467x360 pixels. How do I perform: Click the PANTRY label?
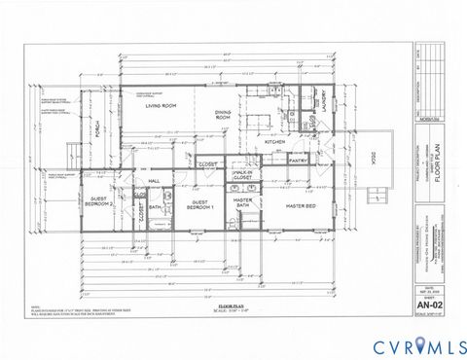pyautogui.click(x=297, y=162)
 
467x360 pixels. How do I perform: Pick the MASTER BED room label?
pyautogui.click(x=297, y=206)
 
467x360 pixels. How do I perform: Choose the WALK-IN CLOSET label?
pyautogui.click(x=243, y=175)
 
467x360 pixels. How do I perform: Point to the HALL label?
pyautogui.click(x=153, y=181)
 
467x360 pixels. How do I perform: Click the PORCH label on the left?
pyautogui.click(x=97, y=132)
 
